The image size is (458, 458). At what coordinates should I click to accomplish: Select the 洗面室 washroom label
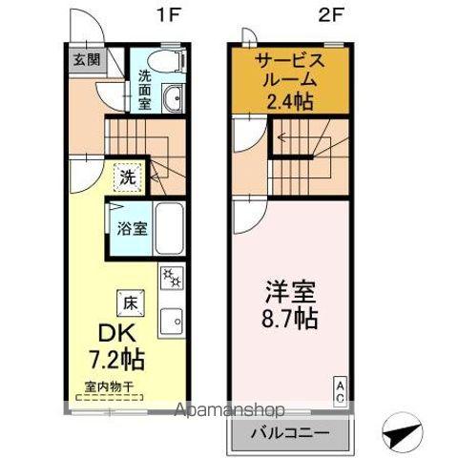pos(145,89)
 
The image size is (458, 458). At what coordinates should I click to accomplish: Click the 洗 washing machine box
pos(127,177)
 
